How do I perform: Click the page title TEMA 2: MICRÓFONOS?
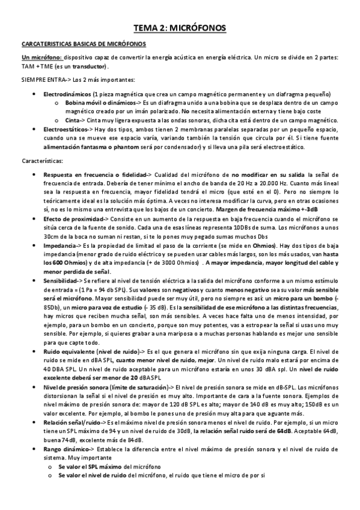[x=180, y=28]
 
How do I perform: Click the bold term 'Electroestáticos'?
[x=66, y=129]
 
